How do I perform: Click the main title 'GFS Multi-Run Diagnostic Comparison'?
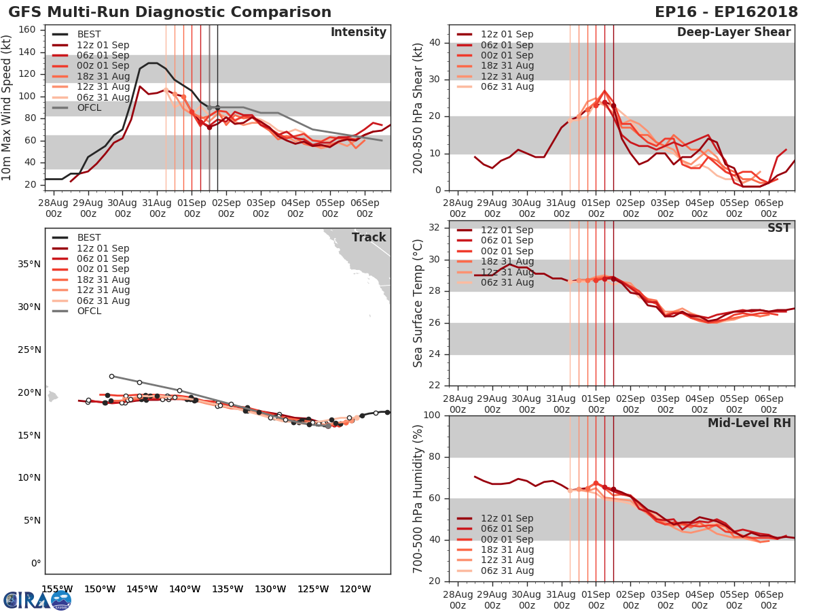point(170,12)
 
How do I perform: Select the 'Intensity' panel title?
point(358,33)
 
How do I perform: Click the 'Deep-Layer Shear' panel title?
point(733,33)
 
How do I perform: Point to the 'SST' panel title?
point(779,228)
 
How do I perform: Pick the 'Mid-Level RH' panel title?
point(749,423)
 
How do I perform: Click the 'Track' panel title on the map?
point(369,237)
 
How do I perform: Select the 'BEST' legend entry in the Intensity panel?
point(89,35)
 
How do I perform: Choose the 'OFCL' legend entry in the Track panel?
point(89,311)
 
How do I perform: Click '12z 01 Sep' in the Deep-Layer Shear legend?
point(507,35)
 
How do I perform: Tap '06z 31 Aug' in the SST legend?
point(507,282)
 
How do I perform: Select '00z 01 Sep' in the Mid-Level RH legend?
point(507,539)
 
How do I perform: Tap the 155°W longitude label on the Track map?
point(57,589)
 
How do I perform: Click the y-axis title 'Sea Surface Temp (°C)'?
point(418,304)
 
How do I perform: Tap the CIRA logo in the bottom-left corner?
point(37,600)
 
